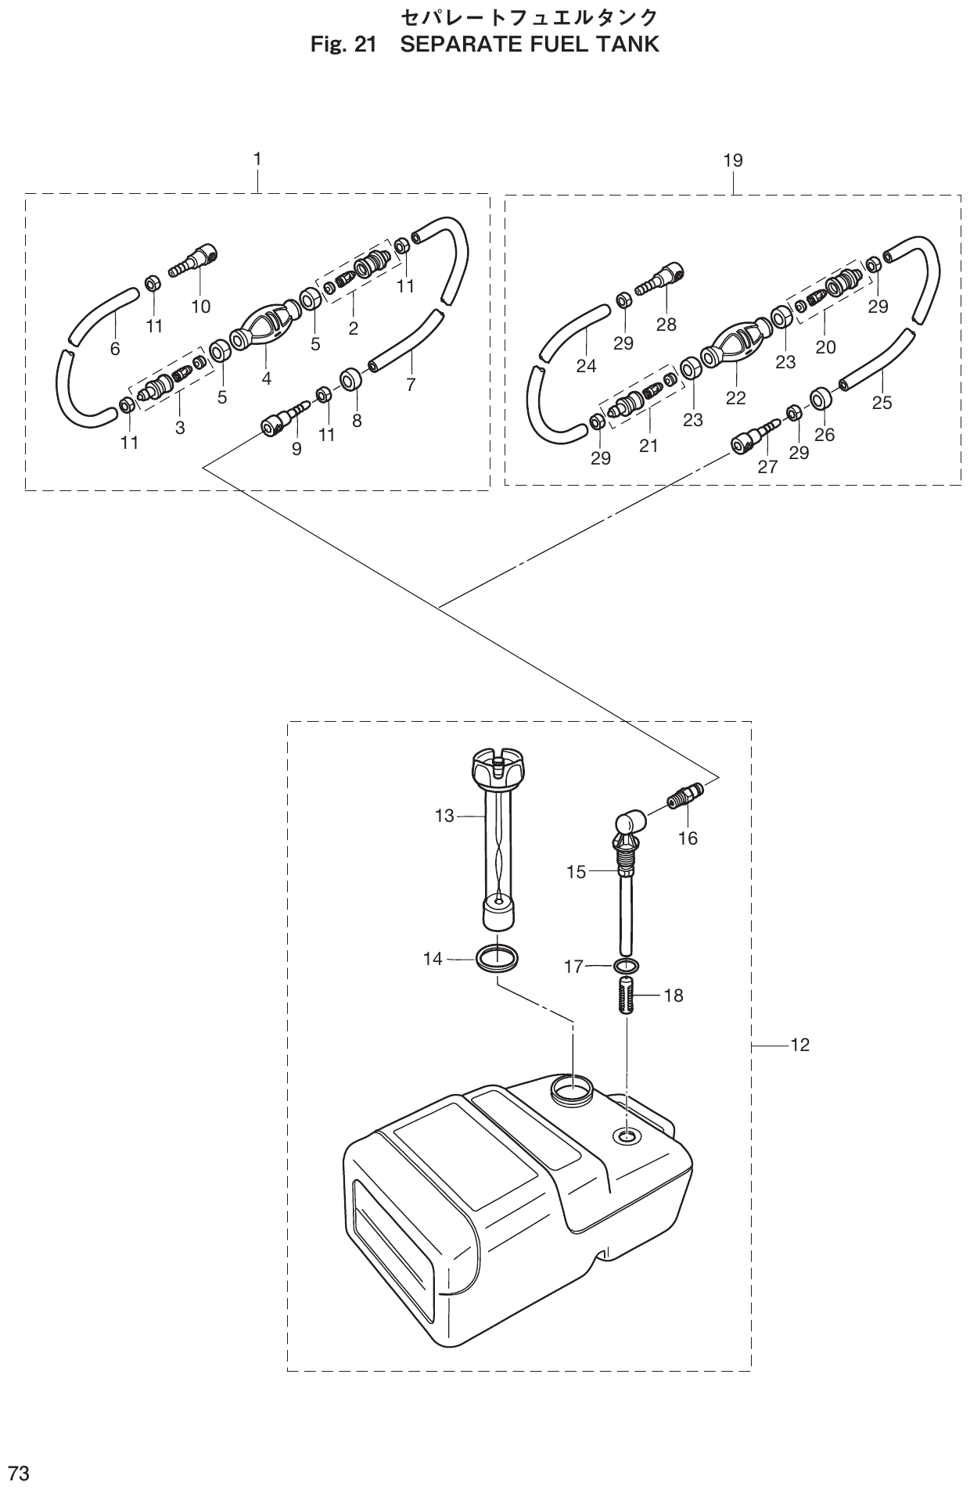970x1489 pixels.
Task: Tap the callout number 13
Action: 444,816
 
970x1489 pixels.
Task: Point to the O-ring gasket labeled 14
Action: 497,958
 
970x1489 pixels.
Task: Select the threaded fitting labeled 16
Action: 685,798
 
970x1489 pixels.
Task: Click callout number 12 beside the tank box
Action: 799,1045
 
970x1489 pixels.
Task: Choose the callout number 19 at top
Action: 733,161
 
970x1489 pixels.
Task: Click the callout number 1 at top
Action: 257,159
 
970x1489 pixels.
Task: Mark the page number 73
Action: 18,1473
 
